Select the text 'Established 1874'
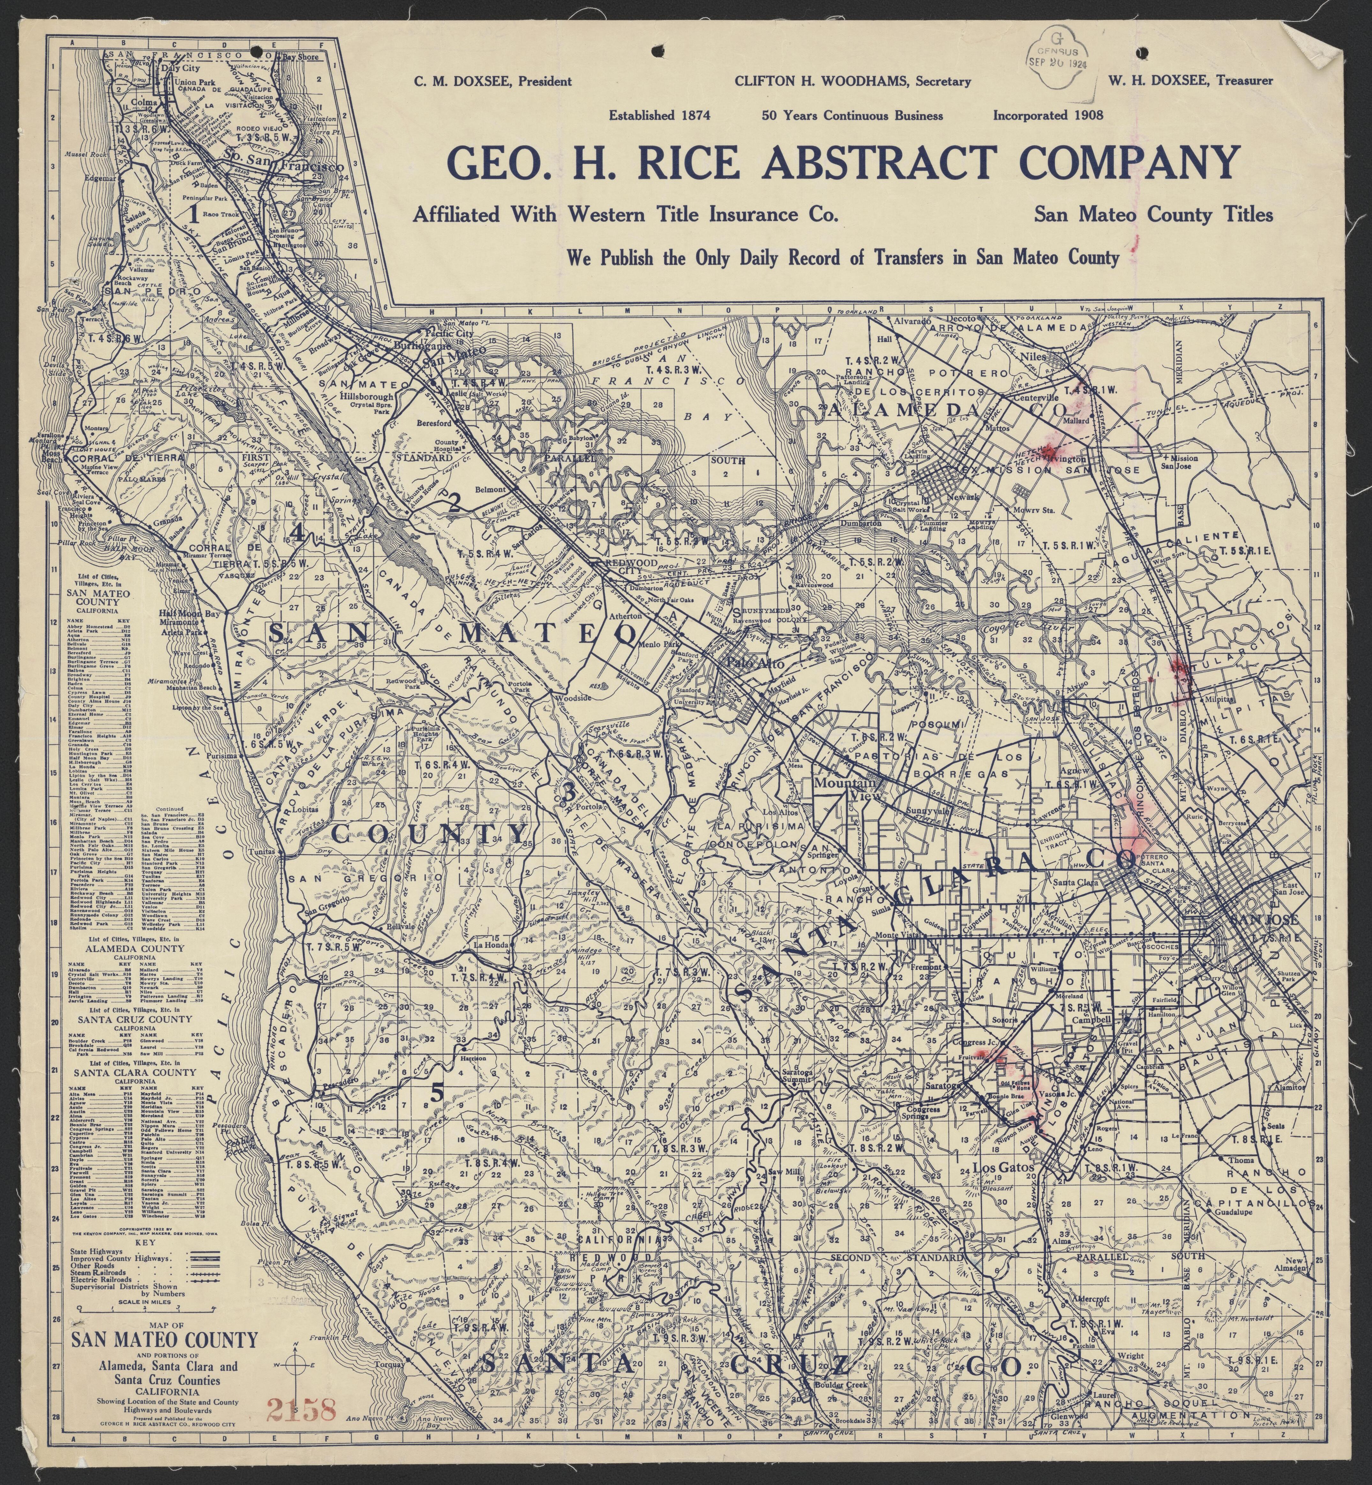point(660,116)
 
